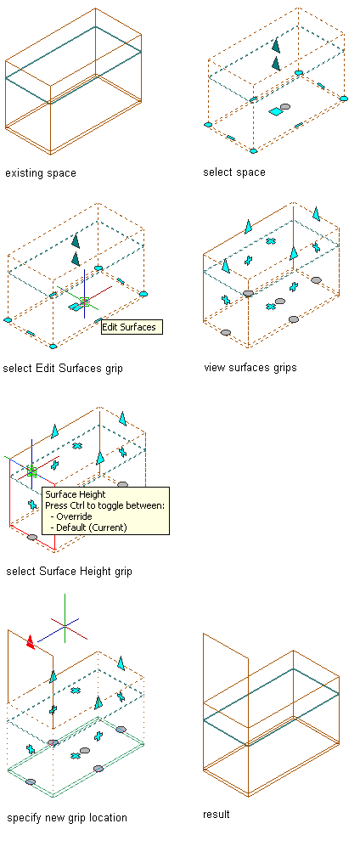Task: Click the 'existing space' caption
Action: click(x=41, y=173)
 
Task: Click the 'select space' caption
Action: click(x=233, y=172)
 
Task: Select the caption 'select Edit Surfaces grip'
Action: click(x=63, y=369)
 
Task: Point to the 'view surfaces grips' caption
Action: click(x=250, y=368)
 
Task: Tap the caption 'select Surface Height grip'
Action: click(x=69, y=572)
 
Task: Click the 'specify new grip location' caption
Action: click(x=67, y=817)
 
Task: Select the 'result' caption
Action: click(x=217, y=814)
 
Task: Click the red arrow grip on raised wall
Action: click(x=31, y=641)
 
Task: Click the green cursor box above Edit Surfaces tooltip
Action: click(x=84, y=302)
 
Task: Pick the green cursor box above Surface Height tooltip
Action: click(x=31, y=471)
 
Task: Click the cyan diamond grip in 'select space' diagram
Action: click(x=275, y=111)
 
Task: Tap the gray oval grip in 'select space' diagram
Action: click(x=285, y=106)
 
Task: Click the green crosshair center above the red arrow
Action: click(x=65, y=626)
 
